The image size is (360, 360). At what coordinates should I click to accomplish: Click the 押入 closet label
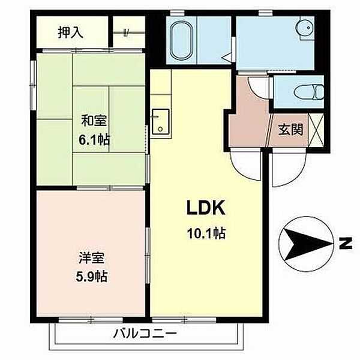[70, 32]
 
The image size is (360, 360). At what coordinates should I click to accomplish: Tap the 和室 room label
[94, 121]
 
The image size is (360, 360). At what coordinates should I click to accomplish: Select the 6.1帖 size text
[94, 139]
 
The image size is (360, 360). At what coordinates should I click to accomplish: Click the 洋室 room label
[91, 257]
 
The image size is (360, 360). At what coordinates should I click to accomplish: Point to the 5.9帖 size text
[91, 276]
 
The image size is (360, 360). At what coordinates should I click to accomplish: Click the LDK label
[205, 208]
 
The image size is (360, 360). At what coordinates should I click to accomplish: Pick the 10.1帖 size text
[206, 233]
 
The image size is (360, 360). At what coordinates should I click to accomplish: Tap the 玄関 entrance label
[290, 130]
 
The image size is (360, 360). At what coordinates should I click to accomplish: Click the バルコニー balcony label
[145, 334]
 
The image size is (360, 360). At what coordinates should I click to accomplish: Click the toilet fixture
[309, 92]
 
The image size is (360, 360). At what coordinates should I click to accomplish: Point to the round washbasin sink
[306, 28]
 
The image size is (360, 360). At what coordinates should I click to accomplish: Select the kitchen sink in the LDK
[160, 121]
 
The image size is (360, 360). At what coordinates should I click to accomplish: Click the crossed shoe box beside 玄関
[316, 130]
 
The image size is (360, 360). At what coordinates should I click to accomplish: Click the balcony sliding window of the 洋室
[91, 319]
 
